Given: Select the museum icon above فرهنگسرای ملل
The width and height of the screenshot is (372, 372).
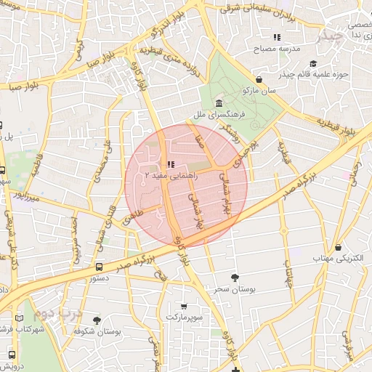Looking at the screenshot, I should [219, 103].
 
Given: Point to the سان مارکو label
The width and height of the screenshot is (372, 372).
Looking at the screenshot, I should [262, 91].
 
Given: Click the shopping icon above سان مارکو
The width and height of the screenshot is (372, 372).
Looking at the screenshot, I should [259, 80].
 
